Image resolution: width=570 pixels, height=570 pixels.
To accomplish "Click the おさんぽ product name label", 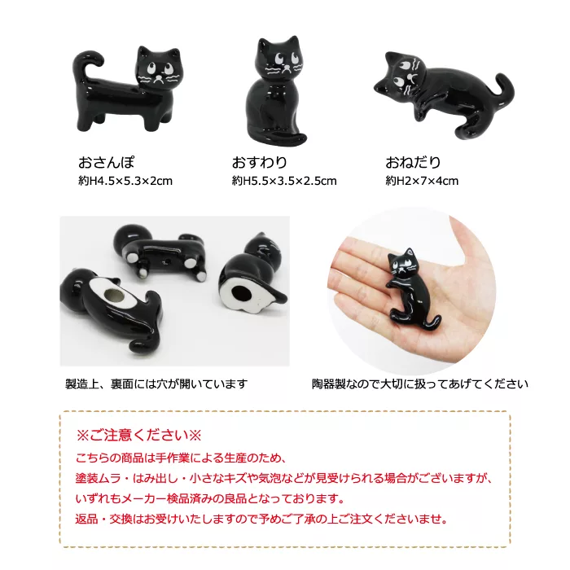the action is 107,163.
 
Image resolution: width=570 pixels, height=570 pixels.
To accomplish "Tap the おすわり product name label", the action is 260,163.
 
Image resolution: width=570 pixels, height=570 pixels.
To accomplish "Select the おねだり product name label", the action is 413,163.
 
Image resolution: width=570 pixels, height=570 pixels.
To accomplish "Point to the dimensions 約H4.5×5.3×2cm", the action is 125,181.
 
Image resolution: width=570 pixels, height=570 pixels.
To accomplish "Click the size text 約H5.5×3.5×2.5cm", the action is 284,181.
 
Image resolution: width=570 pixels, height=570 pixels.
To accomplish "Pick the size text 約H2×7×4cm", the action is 422,181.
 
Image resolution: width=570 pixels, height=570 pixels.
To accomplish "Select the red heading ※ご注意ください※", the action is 138,435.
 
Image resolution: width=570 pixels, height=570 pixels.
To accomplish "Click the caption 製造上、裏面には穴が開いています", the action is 156,384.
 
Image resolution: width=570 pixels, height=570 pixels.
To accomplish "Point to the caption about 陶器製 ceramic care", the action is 420,384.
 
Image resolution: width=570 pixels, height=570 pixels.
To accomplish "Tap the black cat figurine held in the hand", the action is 411,285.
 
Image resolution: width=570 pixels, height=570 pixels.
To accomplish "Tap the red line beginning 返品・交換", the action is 261,519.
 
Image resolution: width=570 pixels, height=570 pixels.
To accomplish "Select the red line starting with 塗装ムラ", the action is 284,478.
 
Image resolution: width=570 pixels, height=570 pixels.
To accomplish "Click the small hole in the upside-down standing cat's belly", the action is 168,261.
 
